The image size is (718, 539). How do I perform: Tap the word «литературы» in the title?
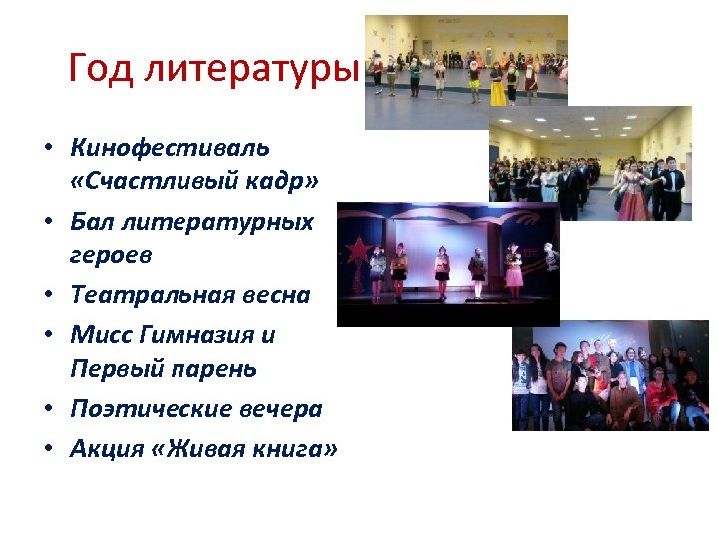(249, 70)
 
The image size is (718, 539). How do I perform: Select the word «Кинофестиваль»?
(170, 148)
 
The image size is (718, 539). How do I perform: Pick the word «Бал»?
(92, 221)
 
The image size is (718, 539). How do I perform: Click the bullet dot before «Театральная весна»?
(47, 296)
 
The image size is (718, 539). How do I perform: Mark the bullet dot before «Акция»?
(47, 450)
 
